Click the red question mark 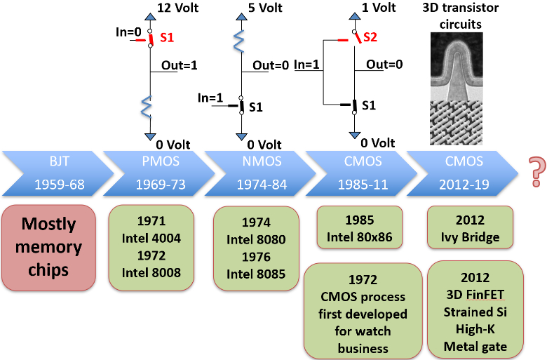tap(537, 171)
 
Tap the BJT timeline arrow tap(58, 173)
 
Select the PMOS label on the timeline tap(161, 161)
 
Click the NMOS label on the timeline tap(262, 161)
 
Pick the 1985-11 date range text tap(363, 185)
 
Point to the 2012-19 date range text tap(464, 185)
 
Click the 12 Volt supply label tap(177, 8)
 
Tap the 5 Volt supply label tap(265, 8)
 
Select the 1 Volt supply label tap(379, 8)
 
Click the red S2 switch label tap(370, 37)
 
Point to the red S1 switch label tap(167, 37)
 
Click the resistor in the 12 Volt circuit tap(147, 107)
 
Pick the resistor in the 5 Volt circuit tap(238, 41)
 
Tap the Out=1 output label tap(180, 65)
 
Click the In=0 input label tap(128, 32)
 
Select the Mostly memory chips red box tap(48, 248)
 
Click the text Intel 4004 tap(151, 238)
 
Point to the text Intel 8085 tap(256, 274)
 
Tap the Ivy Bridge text tap(471, 237)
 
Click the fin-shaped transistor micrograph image tap(457, 67)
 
